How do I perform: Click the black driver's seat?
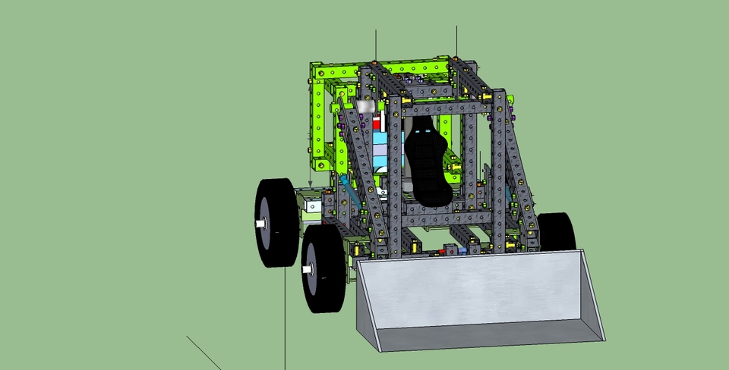[x=427, y=167]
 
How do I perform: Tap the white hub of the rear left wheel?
[x=261, y=224]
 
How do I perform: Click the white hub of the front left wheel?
[x=308, y=268]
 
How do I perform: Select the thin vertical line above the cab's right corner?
[x=456, y=42]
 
